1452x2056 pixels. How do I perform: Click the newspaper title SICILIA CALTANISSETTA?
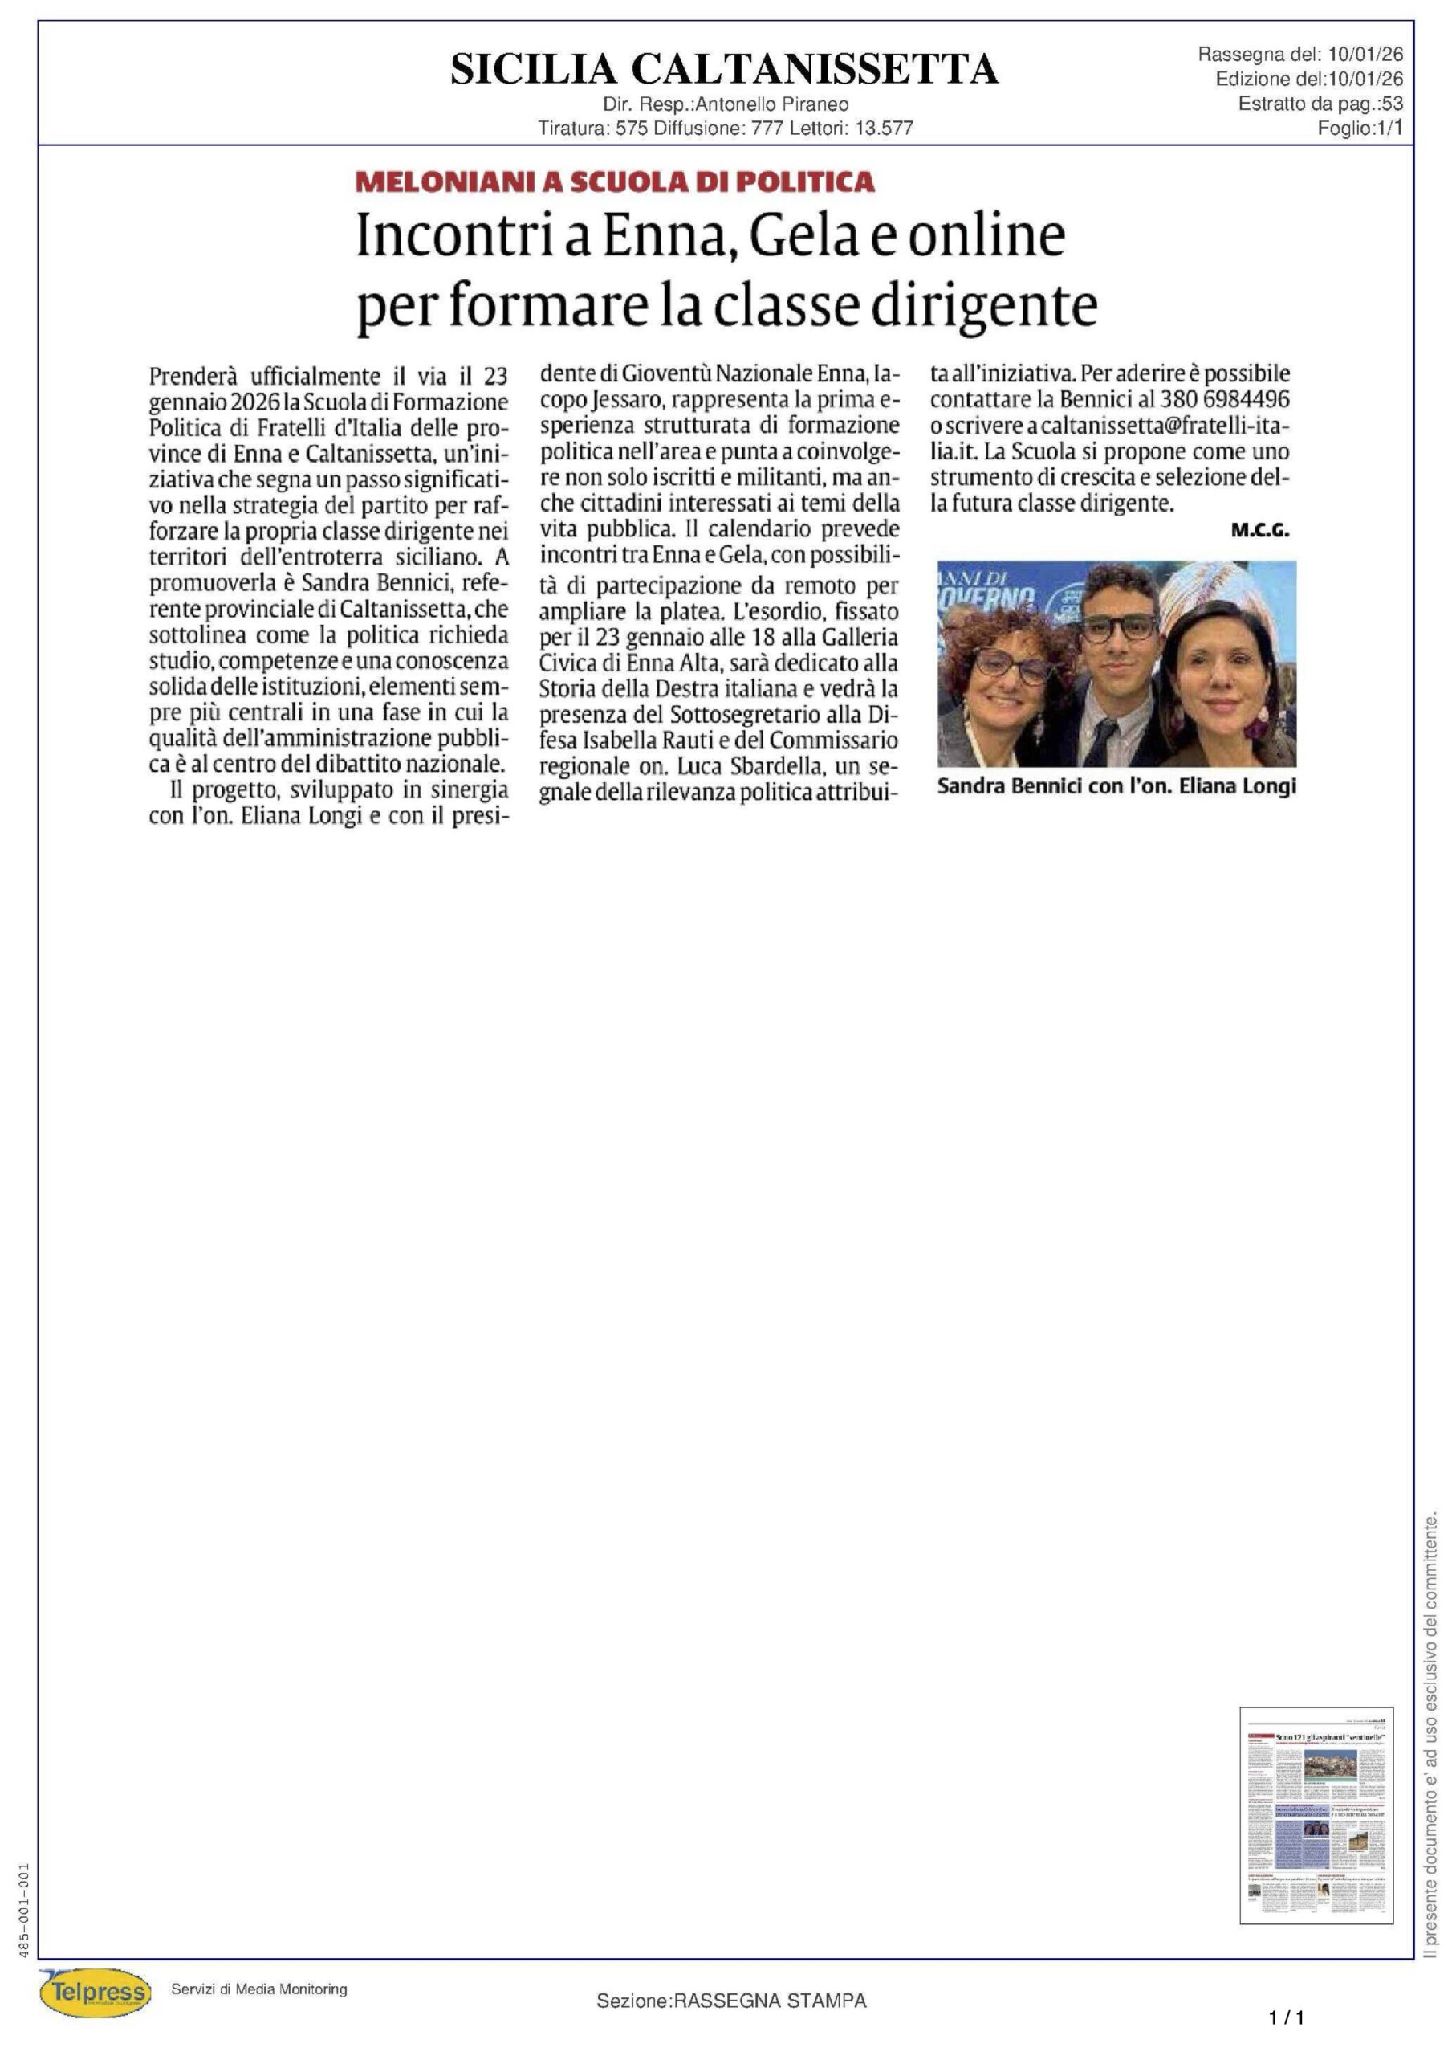point(724,69)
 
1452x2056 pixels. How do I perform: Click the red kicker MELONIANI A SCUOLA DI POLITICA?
point(614,182)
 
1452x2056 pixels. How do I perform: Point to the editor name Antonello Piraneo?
point(771,104)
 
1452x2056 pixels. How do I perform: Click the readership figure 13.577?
point(884,128)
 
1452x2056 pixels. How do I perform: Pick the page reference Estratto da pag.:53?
point(1320,104)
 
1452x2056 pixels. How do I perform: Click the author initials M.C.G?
point(1259,531)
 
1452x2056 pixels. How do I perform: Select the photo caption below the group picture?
point(1116,786)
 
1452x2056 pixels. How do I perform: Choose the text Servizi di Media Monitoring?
point(258,1989)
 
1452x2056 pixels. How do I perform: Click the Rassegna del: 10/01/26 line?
point(1299,55)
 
